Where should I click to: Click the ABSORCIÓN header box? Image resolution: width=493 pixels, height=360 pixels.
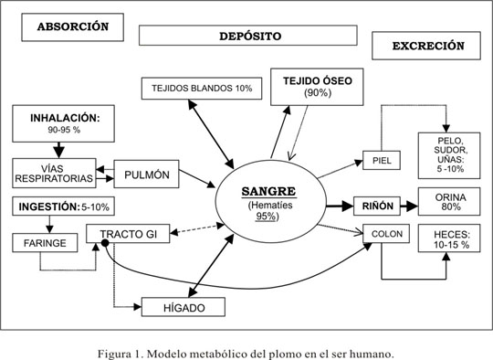point(79,26)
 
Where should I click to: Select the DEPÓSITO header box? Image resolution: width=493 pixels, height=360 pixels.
point(246,36)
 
